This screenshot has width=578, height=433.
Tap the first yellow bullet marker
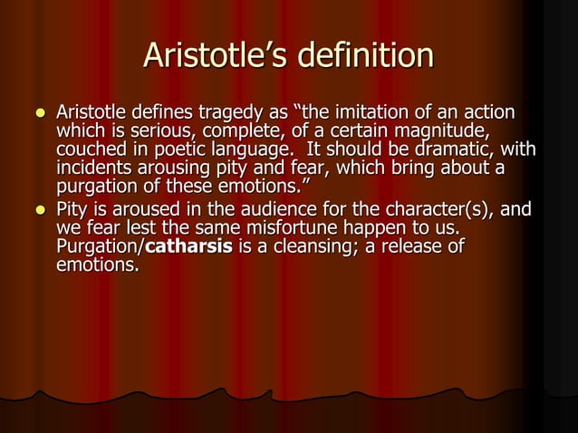38,114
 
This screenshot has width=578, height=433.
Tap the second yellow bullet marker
38,212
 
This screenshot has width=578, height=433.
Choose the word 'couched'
89,151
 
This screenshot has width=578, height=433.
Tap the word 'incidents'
92,169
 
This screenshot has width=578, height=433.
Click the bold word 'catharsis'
189,248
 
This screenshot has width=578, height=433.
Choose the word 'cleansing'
306,248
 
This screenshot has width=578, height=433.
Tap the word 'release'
414,248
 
